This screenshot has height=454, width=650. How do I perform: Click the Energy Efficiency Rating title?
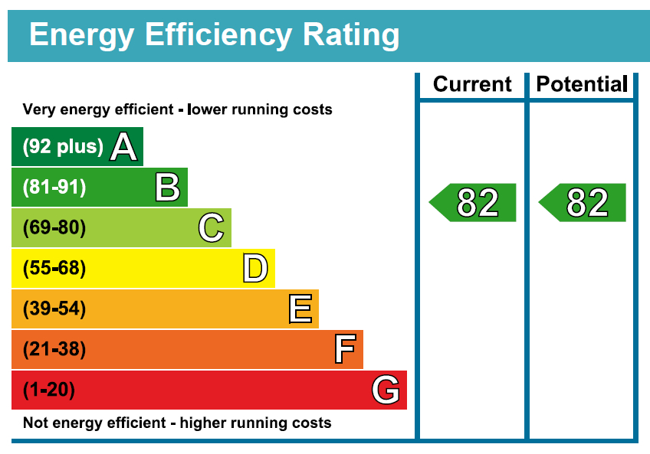pyautogui.click(x=214, y=35)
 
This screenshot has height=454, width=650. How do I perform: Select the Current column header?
pyautogui.click(x=471, y=84)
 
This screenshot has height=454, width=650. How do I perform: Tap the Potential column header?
pyautogui.click(x=582, y=84)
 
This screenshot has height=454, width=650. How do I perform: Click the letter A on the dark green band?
pyautogui.click(x=123, y=147)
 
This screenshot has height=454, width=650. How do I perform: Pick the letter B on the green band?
pyautogui.click(x=167, y=188)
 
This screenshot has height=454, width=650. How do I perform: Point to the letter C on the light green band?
pyautogui.click(x=211, y=228)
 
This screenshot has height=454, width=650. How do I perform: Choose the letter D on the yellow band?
pyautogui.click(x=255, y=269)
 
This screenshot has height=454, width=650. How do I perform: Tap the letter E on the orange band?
pyautogui.click(x=300, y=309)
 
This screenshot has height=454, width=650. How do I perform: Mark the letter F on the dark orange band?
pyautogui.click(x=344, y=350)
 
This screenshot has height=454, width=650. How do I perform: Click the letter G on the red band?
pyautogui.click(x=386, y=390)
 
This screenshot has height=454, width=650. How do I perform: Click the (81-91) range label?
pyautogui.click(x=54, y=188)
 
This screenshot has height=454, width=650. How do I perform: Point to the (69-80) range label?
pyautogui.click(x=54, y=228)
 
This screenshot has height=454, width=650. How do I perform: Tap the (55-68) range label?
pyautogui.click(x=54, y=269)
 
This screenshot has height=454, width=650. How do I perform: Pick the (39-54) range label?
pyautogui.click(x=54, y=309)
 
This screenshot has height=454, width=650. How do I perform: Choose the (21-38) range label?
pyautogui.click(x=54, y=350)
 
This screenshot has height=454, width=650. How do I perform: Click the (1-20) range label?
pyautogui.click(x=49, y=390)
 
